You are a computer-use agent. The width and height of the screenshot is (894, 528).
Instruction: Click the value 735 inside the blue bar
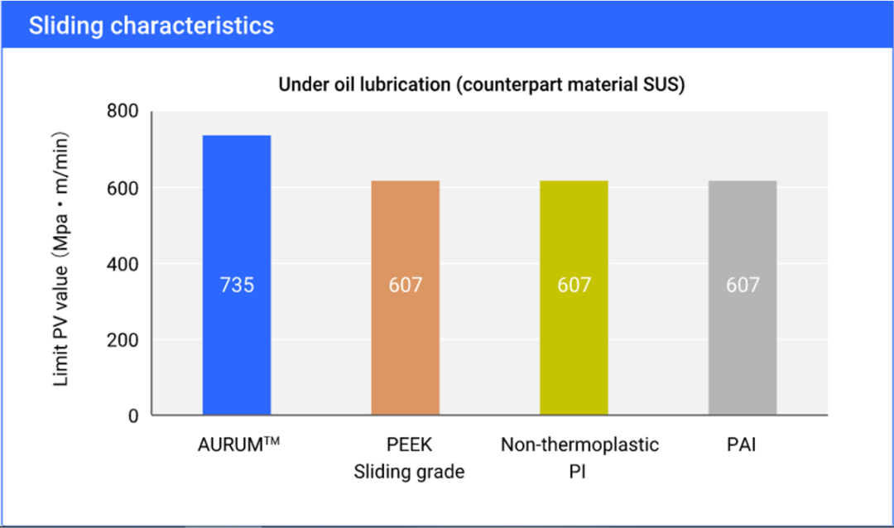tap(237, 286)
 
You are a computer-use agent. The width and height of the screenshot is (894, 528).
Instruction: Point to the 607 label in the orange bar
tap(405, 286)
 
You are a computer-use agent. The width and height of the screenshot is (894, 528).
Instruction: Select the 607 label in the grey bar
tap(743, 286)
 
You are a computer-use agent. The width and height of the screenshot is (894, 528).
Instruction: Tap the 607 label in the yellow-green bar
tap(574, 286)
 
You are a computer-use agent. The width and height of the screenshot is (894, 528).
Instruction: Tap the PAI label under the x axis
tap(743, 445)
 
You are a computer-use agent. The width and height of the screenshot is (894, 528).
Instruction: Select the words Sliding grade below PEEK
tap(409, 473)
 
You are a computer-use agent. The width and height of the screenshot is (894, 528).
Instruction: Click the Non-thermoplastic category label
tap(579, 445)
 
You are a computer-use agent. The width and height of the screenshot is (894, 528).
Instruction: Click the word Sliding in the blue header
tap(68, 25)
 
